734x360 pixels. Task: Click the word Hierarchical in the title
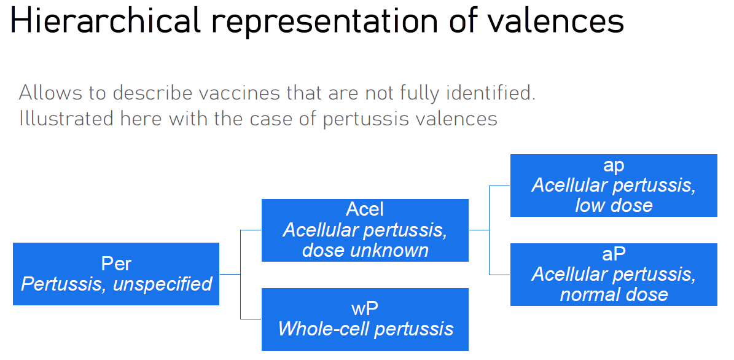tap(105, 22)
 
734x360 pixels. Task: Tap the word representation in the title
tap(324, 22)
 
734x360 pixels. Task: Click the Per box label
tap(116, 264)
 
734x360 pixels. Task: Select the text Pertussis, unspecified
tap(116, 284)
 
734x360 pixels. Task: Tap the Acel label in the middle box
tap(365, 209)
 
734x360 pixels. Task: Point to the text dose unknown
tap(365, 250)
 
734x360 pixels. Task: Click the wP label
tap(365, 308)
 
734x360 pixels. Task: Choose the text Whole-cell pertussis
tap(365, 329)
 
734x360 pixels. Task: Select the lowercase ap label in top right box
tap(614, 165)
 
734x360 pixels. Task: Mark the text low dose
tap(614, 205)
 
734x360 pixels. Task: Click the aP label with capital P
tap(614, 254)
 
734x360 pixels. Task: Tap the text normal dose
tap(614, 294)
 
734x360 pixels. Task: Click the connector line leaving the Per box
tap(230, 274)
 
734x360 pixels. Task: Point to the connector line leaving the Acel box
tap(478, 230)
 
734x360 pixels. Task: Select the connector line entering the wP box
tap(251, 319)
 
